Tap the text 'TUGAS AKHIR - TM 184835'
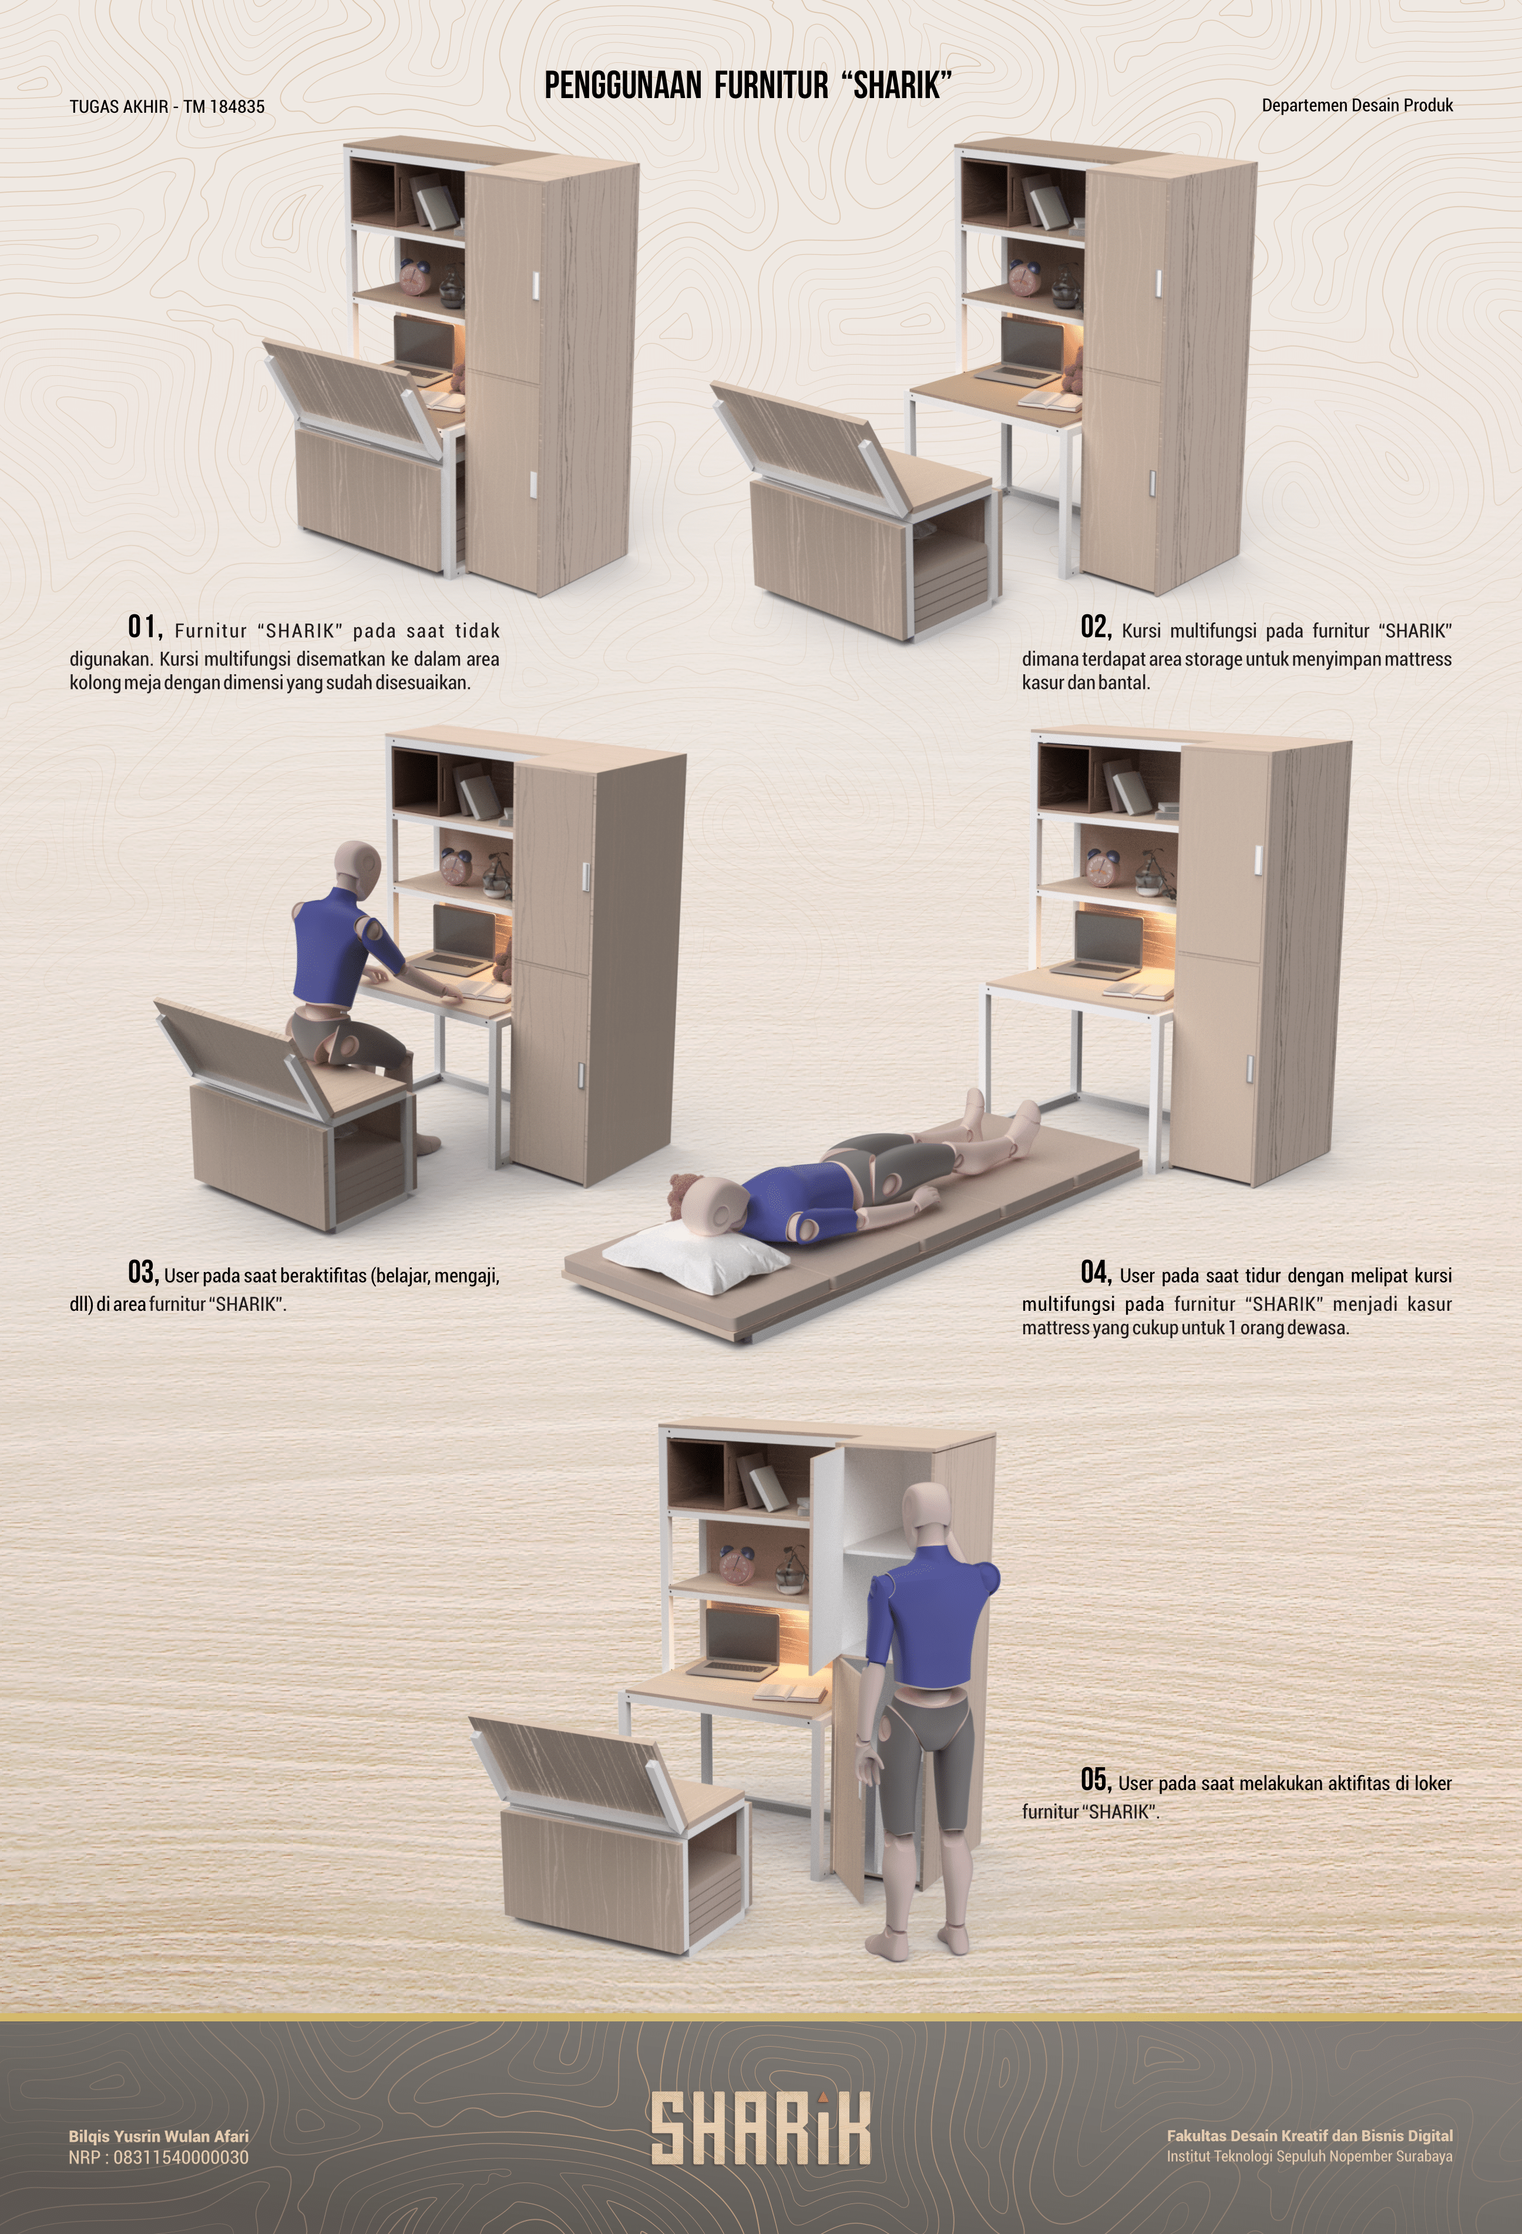[x=167, y=107]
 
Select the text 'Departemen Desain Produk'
[x=1356, y=105]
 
